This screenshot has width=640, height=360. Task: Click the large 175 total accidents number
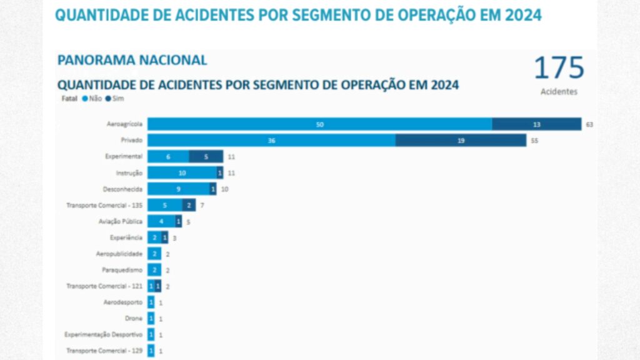click(x=559, y=68)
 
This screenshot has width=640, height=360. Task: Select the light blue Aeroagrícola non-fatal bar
click(x=319, y=124)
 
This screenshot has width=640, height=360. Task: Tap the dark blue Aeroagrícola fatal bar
click(x=536, y=124)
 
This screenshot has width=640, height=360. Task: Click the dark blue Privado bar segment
click(x=461, y=141)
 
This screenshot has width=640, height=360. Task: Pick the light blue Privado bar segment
click(x=271, y=141)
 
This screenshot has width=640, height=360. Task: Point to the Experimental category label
click(x=124, y=156)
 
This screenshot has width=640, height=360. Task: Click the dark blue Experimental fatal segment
click(x=206, y=156)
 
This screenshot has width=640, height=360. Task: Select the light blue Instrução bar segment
click(x=182, y=172)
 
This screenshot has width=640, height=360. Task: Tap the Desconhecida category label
click(x=122, y=189)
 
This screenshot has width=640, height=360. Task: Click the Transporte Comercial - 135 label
click(x=104, y=205)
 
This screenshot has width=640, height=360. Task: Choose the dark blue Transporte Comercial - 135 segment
click(x=189, y=205)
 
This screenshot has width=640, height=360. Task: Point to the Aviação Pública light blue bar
click(x=161, y=221)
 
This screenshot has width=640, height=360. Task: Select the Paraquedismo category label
click(x=122, y=270)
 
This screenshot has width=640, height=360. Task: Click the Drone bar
click(x=151, y=318)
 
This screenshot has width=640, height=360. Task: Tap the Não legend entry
click(x=91, y=99)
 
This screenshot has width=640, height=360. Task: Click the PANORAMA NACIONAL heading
click(x=132, y=61)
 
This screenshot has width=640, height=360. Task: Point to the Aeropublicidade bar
click(x=154, y=254)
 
